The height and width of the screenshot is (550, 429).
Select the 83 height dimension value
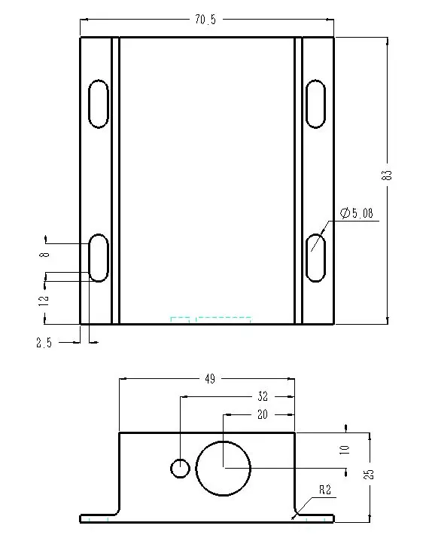[388, 174]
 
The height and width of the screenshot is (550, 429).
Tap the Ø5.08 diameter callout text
[356, 214]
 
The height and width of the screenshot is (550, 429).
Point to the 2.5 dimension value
[44, 343]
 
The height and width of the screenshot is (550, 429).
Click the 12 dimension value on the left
[44, 298]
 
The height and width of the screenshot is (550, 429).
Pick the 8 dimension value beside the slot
[44, 255]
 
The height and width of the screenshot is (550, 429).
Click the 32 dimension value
[263, 396]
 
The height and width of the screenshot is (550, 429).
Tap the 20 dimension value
[263, 414]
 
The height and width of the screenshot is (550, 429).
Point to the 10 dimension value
[345, 449]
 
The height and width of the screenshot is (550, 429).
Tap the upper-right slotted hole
[316, 102]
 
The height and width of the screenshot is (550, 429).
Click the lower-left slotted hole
[99, 258]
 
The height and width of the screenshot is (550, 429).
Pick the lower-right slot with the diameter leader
[316, 258]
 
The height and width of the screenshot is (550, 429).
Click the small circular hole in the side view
[179, 468]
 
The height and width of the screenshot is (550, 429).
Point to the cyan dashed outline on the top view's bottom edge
[210, 320]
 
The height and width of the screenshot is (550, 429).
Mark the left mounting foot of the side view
[99, 518]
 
